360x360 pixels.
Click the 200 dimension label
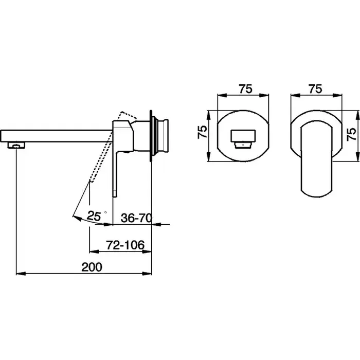92,267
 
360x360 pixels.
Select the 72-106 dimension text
125,245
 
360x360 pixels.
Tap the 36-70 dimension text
136,218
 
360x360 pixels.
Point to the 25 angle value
94,216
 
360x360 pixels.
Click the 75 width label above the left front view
245,89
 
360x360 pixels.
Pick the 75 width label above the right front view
315,89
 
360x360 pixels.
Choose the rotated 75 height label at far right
352,135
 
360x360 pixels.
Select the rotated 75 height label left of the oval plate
203,132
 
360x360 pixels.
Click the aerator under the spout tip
16,146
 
